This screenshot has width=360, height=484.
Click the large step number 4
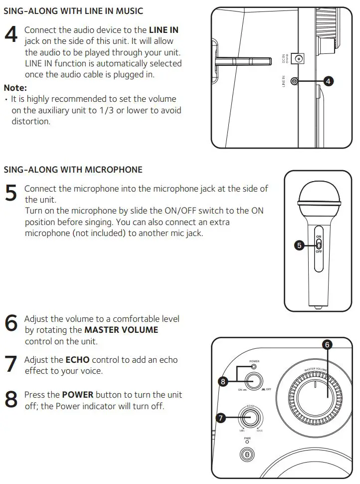click(11, 34)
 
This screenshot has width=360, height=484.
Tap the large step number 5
click(10, 193)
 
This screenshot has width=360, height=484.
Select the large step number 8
click(11, 399)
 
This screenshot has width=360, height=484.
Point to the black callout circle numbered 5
click(299, 245)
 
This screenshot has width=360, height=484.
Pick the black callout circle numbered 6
click(328, 344)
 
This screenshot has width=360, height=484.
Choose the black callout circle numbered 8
click(223, 382)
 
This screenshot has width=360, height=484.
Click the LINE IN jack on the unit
click(295, 81)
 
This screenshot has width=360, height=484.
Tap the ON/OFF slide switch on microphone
click(319, 244)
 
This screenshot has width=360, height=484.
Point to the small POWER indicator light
click(254, 367)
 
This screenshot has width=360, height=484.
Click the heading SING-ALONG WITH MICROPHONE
click(73, 170)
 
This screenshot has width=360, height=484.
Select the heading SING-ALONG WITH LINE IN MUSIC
click(73, 10)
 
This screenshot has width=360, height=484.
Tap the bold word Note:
click(15, 87)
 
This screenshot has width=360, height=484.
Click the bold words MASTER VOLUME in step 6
click(121, 330)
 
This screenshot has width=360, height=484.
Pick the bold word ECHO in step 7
click(77, 360)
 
